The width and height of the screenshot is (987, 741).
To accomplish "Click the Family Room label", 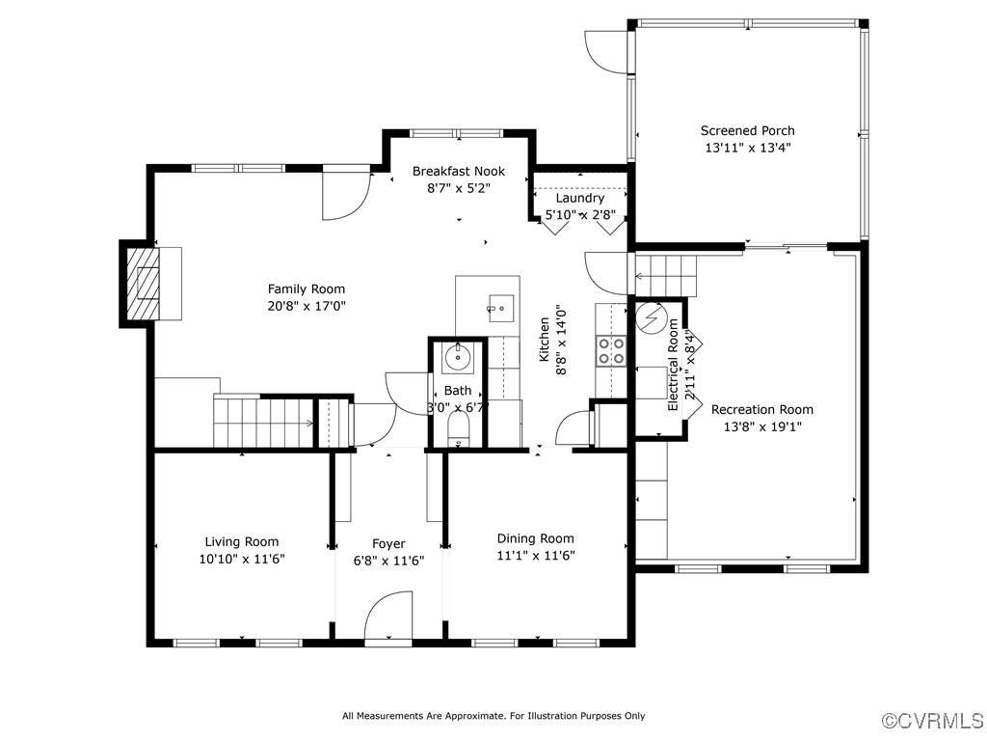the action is coord(307,289).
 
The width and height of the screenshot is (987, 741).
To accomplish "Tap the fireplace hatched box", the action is coord(144,285).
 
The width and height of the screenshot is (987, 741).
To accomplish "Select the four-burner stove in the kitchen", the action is coord(610,351).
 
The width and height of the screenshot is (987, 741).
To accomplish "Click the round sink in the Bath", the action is coord(457,358).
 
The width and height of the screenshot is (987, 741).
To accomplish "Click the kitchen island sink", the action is coord(501,308).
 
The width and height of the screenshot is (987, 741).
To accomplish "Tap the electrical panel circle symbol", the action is coord(651,318).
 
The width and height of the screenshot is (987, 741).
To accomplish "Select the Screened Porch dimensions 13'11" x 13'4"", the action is coord(748,148).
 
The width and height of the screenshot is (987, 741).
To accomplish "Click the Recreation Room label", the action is coord(762,409).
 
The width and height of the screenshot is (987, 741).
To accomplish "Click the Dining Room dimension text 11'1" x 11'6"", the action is coord(536,556).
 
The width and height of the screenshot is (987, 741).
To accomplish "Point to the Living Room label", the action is coord(242,542).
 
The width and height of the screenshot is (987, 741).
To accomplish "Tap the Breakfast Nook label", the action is coord(458,172).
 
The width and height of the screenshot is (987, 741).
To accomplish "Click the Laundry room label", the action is coord(579,198).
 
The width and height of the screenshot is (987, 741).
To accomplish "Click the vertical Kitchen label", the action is coord(545,339).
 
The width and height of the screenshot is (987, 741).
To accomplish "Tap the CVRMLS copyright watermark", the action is coord(933,721).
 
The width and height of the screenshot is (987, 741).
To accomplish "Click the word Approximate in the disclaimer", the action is coord(476,716).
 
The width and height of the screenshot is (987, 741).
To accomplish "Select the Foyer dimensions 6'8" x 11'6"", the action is coord(388,561).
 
